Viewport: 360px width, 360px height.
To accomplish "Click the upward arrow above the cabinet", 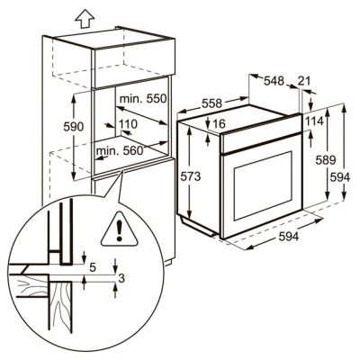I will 85,15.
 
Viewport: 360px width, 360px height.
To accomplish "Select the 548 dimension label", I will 274,82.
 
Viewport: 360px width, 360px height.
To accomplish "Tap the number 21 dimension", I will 303,82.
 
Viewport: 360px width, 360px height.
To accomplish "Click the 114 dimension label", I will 314,121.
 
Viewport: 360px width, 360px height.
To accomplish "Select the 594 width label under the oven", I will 289,237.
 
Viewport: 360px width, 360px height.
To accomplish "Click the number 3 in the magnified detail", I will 120,279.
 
